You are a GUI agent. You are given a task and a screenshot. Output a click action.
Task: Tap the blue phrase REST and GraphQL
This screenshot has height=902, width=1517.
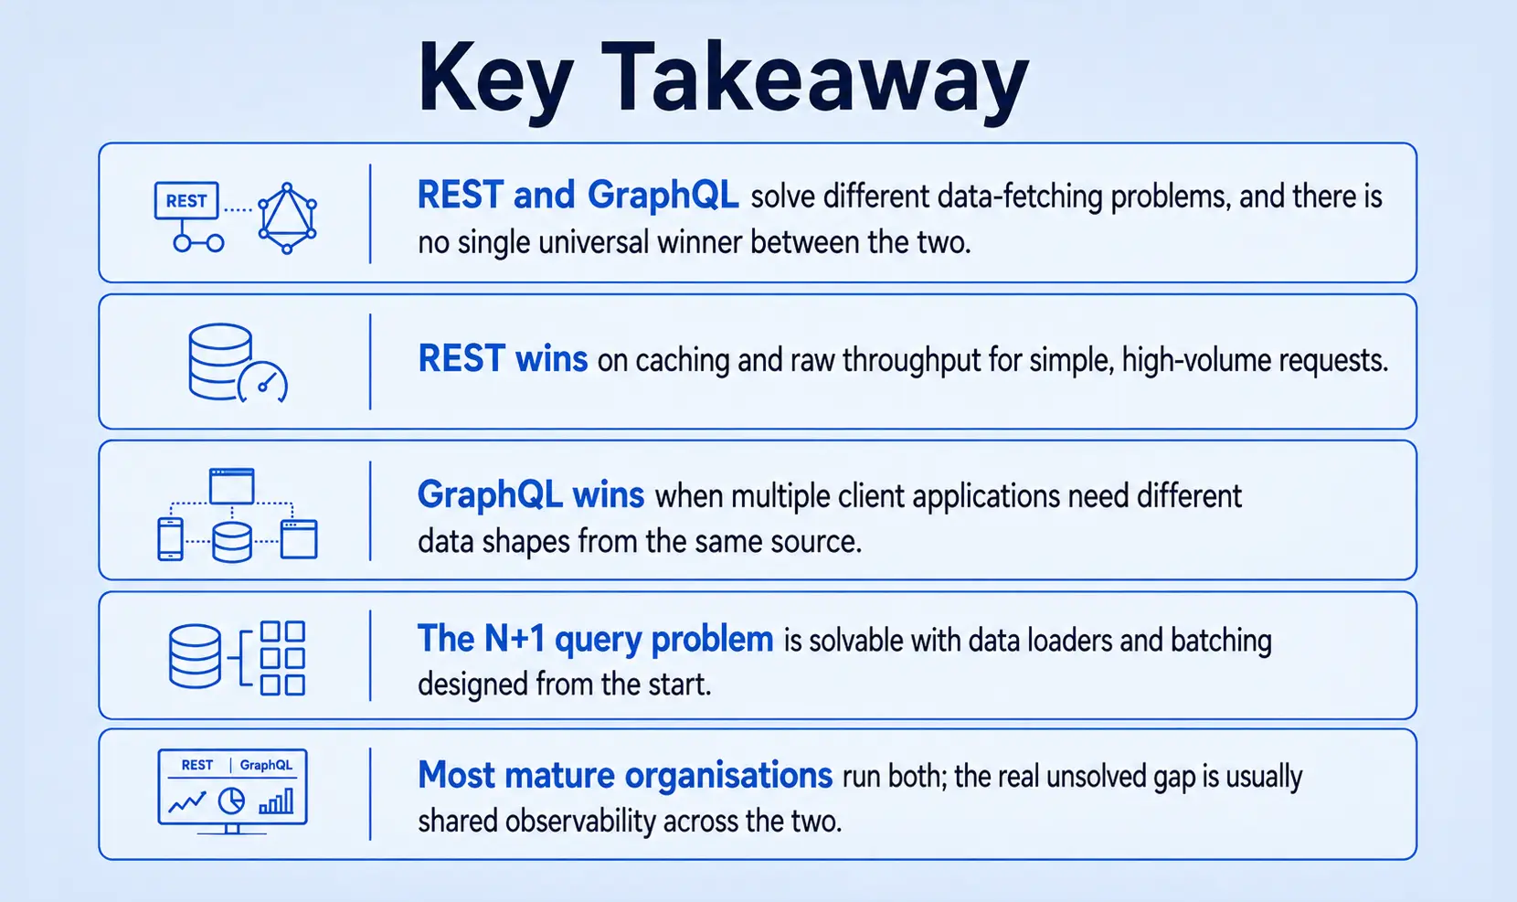pyautogui.click(x=578, y=195)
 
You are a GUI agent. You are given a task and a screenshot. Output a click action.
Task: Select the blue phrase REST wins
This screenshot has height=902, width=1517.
pyautogui.click(x=503, y=358)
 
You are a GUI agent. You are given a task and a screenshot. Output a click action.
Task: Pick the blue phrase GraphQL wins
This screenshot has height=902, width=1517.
pyautogui.click(x=531, y=494)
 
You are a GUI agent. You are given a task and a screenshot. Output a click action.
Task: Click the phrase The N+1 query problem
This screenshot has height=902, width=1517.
pyautogui.click(x=595, y=639)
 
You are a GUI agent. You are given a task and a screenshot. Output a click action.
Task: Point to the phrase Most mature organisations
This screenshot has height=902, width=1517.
pyautogui.click(x=625, y=775)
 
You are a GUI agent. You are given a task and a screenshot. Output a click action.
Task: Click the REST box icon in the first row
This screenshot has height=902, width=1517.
pyautogui.click(x=186, y=200)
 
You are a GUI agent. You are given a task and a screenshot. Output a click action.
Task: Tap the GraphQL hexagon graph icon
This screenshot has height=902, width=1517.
pyautogui.click(x=287, y=218)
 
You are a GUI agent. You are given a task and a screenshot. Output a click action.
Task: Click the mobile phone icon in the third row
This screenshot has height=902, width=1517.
pyautogui.click(x=170, y=539)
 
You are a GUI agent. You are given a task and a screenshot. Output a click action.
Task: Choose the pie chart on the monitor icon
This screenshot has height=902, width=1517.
pyautogui.click(x=231, y=801)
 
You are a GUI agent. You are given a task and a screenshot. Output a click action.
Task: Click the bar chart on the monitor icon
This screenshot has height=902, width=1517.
pyautogui.click(x=276, y=801)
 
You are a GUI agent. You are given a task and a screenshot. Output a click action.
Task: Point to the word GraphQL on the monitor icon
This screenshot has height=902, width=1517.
pyautogui.click(x=266, y=765)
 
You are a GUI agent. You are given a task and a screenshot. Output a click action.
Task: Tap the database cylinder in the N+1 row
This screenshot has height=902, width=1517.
pyautogui.click(x=195, y=656)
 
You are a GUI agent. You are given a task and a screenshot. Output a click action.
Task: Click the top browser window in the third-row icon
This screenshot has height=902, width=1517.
pyautogui.click(x=231, y=485)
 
